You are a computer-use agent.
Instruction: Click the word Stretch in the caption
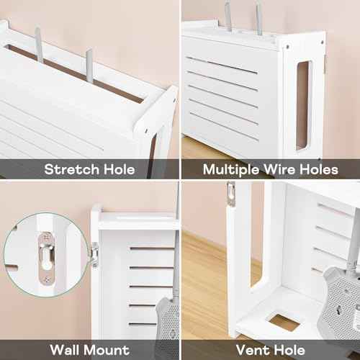pos(70,170)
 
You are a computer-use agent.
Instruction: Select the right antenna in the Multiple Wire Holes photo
pos(258,19)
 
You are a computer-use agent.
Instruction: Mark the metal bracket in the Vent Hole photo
pos(230,194)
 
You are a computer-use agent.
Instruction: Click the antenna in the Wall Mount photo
pos(176,238)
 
